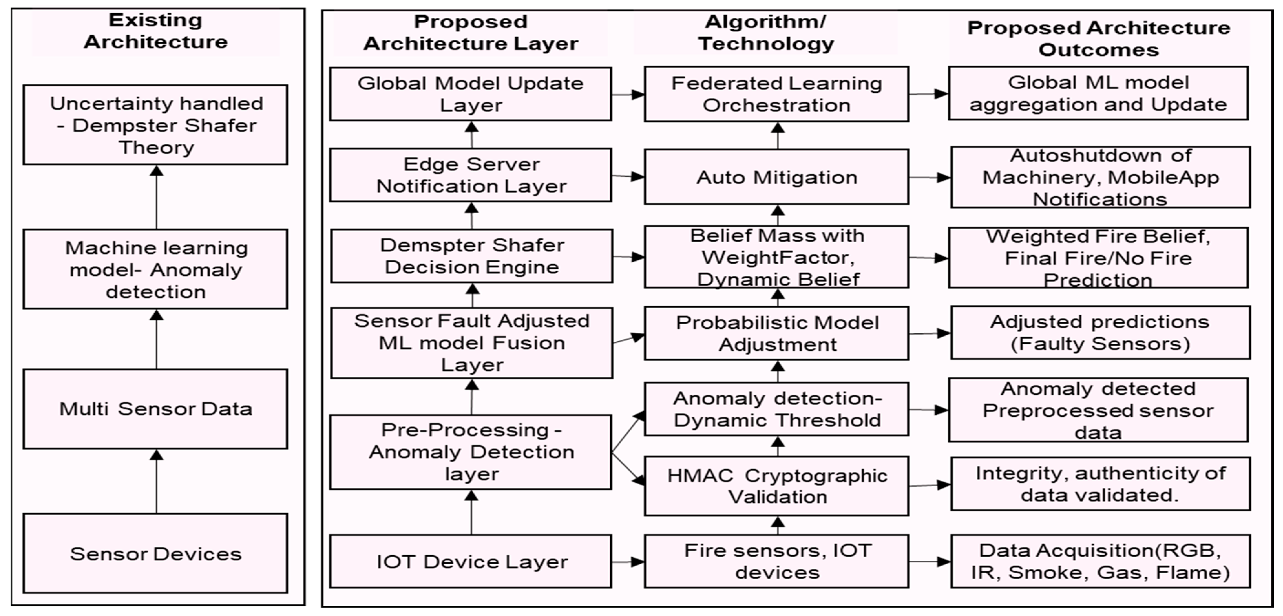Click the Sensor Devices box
pyautogui.click(x=155, y=553)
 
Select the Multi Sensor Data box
pyautogui.click(x=155, y=409)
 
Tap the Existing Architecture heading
pyautogui.click(x=155, y=31)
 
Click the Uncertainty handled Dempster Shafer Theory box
pyautogui.click(x=155, y=125)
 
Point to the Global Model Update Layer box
pyautogui.click(x=471, y=94)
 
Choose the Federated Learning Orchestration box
pyautogui.click(x=776, y=94)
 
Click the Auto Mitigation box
pyautogui.click(x=776, y=177)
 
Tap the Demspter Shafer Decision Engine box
pyautogui.click(x=472, y=256)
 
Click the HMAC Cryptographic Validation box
pyautogui.click(x=776, y=486)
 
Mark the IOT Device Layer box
pyautogui.click(x=471, y=561)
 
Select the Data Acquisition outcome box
pyautogui.click(x=1100, y=561)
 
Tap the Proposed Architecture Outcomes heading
pyautogui.click(x=1099, y=38)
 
